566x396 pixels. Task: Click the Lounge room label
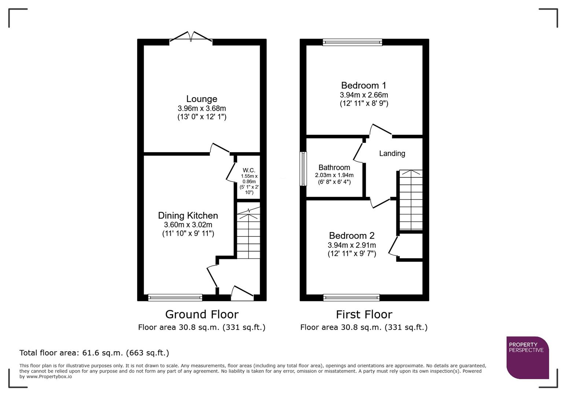(x=202, y=99)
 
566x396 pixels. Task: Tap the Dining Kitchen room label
(x=188, y=216)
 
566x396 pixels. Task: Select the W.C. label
(x=249, y=170)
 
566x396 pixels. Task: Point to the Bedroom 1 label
(x=364, y=85)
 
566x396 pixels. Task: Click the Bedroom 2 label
(x=352, y=235)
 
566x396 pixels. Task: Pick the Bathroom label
(x=334, y=168)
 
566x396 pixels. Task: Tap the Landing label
(x=392, y=154)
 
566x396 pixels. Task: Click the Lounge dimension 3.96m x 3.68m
(x=202, y=109)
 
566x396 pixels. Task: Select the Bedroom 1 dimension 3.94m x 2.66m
(x=364, y=95)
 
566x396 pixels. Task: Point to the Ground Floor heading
(x=202, y=315)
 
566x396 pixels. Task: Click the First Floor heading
(x=364, y=315)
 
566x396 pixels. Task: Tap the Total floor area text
(x=94, y=353)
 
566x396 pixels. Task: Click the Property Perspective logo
(x=527, y=357)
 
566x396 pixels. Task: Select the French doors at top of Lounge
(x=191, y=39)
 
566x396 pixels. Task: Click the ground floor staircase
(x=249, y=235)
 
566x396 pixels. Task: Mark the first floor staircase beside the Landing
(x=411, y=200)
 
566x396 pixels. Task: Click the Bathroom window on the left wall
(x=303, y=169)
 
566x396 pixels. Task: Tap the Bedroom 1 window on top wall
(x=352, y=42)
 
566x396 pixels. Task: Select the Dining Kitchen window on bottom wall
(x=175, y=297)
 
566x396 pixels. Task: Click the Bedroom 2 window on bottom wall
(x=351, y=297)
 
